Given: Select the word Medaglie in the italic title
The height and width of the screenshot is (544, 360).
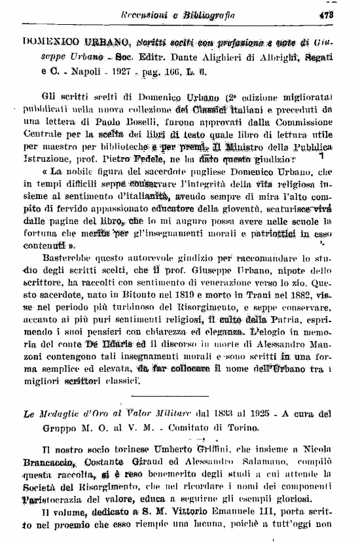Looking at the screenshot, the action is pyautogui.click(x=63, y=414).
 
